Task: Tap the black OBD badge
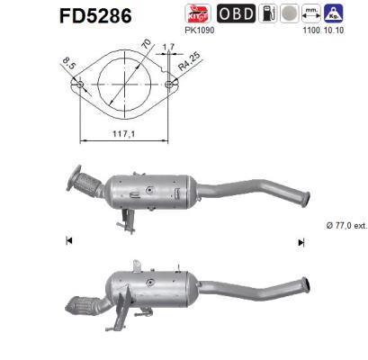[237, 13]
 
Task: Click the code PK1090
[197, 31]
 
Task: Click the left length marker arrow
[67, 240]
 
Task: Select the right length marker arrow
[301, 240]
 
